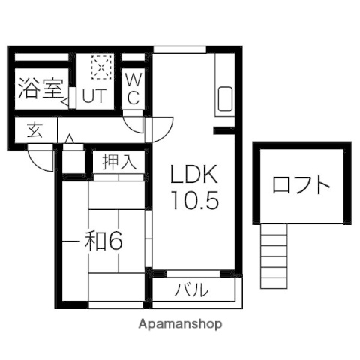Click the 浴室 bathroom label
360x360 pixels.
tap(40, 89)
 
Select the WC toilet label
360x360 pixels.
tap(133, 88)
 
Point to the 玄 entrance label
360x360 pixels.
tap(34, 130)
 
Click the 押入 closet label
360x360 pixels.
tap(119, 162)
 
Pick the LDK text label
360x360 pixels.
tap(193, 174)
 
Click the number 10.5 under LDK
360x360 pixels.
tap(195, 200)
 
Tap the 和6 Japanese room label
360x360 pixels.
tap(103, 241)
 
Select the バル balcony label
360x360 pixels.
tap(191, 289)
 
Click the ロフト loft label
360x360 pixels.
tap(301, 185)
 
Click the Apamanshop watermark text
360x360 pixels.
tap(180, 324)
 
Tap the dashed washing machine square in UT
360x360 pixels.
tap(101, 67)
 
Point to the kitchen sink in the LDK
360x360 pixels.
tap(225, 99)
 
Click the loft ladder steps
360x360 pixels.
tap(274, 256)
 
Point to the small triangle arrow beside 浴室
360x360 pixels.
tap(65, 102)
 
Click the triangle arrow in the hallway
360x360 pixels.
tap(69, 139)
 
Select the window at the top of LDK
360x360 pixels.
tap(180, 49)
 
